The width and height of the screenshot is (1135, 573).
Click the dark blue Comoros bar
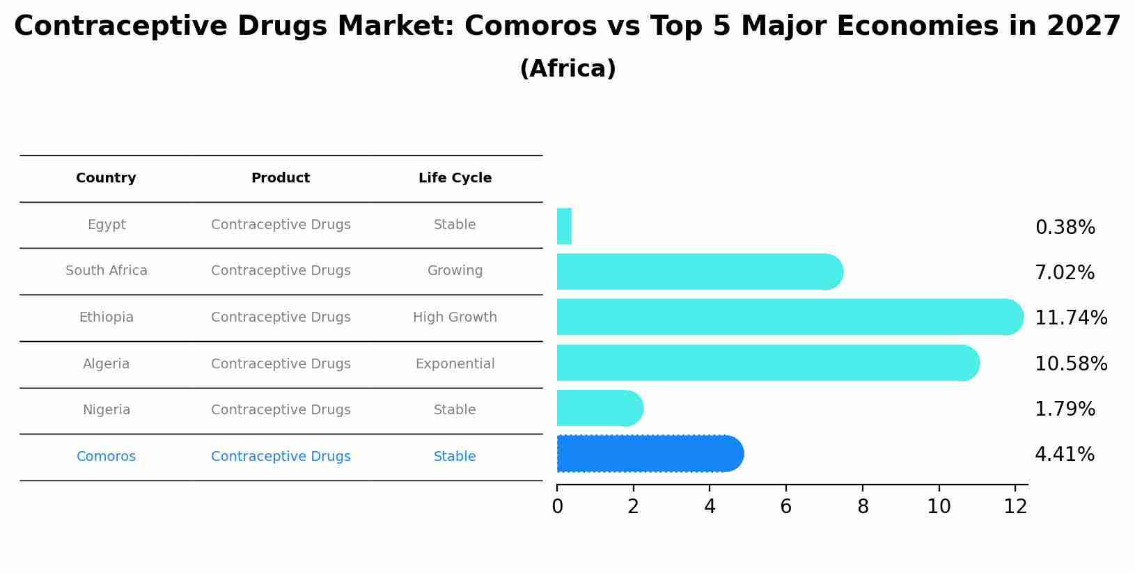648,454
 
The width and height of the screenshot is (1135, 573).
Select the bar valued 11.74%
787,317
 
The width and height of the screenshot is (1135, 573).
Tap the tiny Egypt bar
564,227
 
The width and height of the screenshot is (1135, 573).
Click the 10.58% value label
1070,364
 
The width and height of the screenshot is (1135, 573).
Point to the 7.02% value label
1064,273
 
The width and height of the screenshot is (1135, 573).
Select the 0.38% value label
1065,228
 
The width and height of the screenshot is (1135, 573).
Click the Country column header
106,178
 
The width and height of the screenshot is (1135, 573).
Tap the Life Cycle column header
455,178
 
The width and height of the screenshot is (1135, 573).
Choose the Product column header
281,178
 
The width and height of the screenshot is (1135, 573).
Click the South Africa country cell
107,271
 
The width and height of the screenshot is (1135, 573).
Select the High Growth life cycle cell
455,317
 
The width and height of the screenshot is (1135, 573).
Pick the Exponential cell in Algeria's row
455,364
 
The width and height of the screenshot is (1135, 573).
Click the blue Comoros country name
106,457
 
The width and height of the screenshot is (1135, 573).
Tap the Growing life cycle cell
455,271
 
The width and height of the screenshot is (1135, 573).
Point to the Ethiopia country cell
106,317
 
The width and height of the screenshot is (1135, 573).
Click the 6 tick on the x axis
785,507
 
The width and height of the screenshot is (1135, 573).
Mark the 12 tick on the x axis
1015,507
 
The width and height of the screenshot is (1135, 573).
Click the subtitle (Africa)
567,69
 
